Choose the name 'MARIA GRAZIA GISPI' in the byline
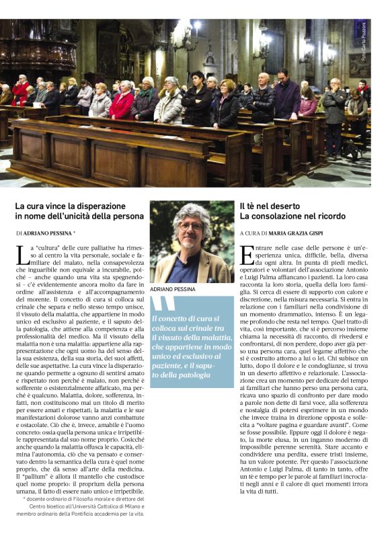[x=301, y=232]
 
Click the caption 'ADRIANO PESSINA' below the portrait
[x=173, y=288]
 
